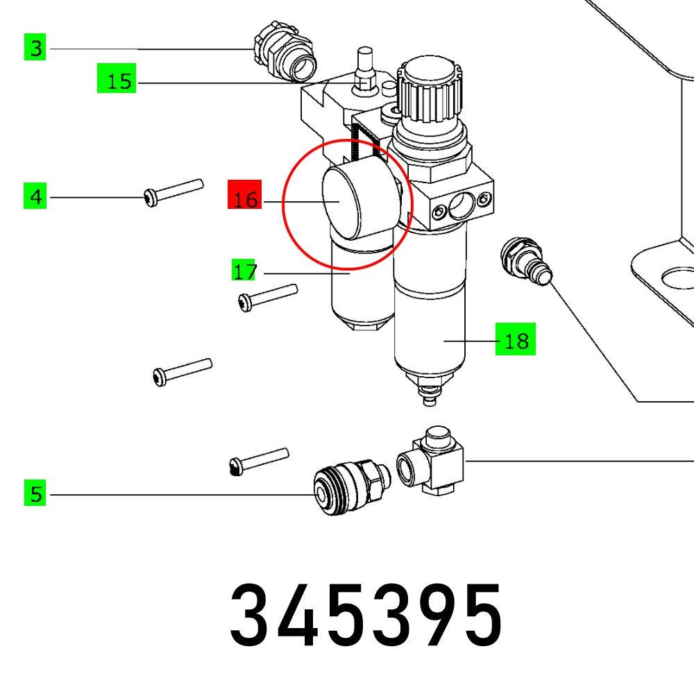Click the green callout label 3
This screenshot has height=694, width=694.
pyautogui.click(x=35, y=48)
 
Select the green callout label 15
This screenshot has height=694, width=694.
pyautogui.click(x=117, y=81)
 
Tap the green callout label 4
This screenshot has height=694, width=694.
pyautogui.click(x=35, y=197)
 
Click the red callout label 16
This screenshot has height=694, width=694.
pyautogui.click(x=244, y=200)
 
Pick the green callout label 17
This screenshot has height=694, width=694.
pyautogui.click(x=244, y=271)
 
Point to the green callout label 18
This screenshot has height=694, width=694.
pyautogui.click(x=515, y=341)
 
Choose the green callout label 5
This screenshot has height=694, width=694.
pyautogui.click(x=35, y=494)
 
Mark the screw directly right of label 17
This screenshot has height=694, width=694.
pyautogui.click(x=267, y=296)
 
